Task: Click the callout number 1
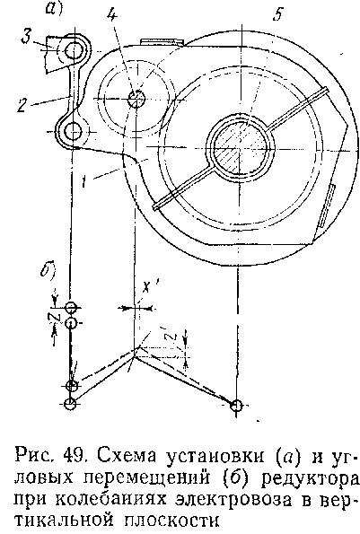click(x=83, y=181)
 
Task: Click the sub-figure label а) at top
click(x=54, y=9)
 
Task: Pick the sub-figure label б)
click(x=48, y=270)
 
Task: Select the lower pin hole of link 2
click(x=73, y=131)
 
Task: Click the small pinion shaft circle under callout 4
click(x=136, y=99)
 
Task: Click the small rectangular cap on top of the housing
click(x=162, y=41)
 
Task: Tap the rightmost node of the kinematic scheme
click(x=236, y=406)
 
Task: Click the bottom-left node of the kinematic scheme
click(x=71, y=404)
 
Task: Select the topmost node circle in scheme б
click(x=71, y=308)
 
